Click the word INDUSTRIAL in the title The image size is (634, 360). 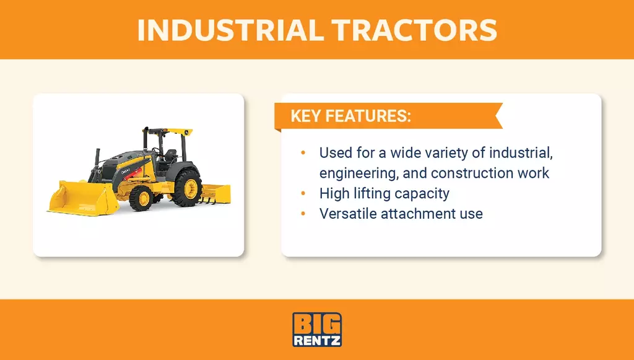(230, 30)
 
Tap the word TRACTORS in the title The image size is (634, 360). (414, 30)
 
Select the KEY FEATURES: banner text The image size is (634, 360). (350, 116)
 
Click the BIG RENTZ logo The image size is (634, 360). (317, 329)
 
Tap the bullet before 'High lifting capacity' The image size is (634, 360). (303, 194)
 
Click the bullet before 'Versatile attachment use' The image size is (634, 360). (303, 214)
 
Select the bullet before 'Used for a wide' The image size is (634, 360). (303, 153)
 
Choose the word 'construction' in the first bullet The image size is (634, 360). (471, 173)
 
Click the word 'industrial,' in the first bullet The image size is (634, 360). (521, 153)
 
